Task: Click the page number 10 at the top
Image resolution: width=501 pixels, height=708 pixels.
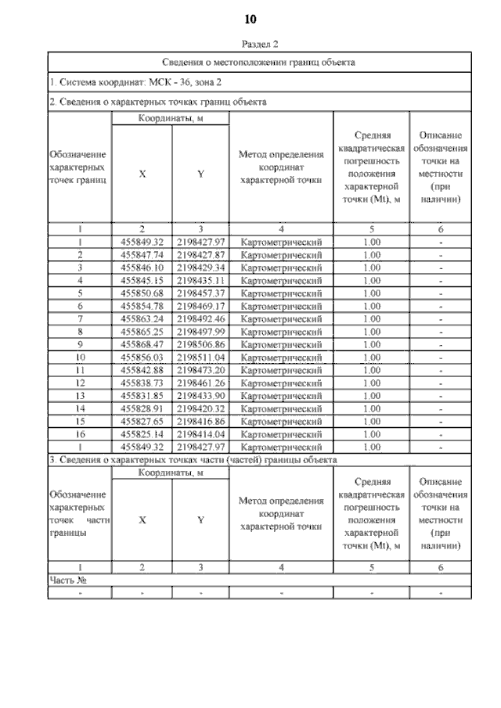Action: (250, 19)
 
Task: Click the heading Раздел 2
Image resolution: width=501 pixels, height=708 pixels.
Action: (250, 45)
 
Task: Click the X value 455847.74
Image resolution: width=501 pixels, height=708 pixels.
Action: (142, 255)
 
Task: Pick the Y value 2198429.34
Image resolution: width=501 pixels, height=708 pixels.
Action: (200, 268)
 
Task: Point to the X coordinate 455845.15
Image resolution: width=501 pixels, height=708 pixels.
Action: (142, 280)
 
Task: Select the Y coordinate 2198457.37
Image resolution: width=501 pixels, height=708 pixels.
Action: (200, 293)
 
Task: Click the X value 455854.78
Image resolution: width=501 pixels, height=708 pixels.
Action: (142, 305)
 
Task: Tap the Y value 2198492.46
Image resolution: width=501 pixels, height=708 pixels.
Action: (200, 318)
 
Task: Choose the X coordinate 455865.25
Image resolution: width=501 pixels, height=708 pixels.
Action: (142, 331)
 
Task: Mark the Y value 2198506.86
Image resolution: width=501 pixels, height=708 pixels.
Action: (200, 343)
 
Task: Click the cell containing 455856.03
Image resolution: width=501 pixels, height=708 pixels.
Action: (142, 357)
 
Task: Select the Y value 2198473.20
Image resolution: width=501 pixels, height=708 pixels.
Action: (200, 369)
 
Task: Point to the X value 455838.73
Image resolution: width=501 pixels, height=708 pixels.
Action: (142, 382)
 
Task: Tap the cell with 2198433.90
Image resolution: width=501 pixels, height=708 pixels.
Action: (200, 395)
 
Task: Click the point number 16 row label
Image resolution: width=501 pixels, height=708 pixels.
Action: (80, 433)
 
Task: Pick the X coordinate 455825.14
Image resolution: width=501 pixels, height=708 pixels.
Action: (142, 433)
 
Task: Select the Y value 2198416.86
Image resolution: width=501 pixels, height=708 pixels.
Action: (200, 420)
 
